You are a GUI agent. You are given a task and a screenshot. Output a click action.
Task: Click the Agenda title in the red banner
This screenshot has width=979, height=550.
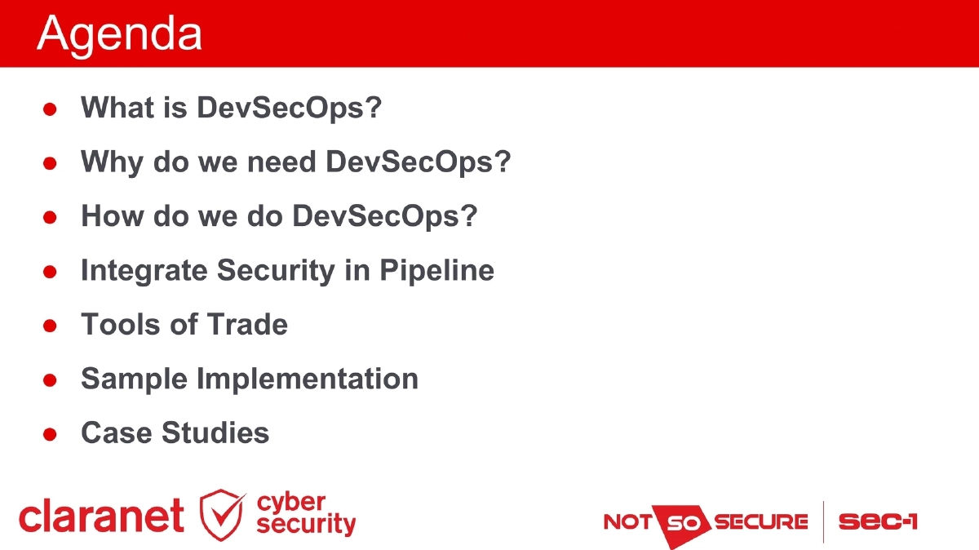pos(119,34)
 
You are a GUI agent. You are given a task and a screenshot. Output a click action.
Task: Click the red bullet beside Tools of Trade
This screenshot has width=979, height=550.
pos(50,326)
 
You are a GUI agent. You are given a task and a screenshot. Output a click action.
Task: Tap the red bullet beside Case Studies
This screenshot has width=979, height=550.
pos(50,434)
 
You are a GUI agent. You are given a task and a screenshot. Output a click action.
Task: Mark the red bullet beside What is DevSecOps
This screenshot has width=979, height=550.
pos(50,109)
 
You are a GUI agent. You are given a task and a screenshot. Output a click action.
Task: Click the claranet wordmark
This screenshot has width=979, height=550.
pos(101,516)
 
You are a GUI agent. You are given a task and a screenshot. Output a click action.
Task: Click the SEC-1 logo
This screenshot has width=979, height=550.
pos(878,521)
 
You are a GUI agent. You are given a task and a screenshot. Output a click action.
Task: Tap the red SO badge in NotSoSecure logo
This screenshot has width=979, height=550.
pos(683,522)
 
